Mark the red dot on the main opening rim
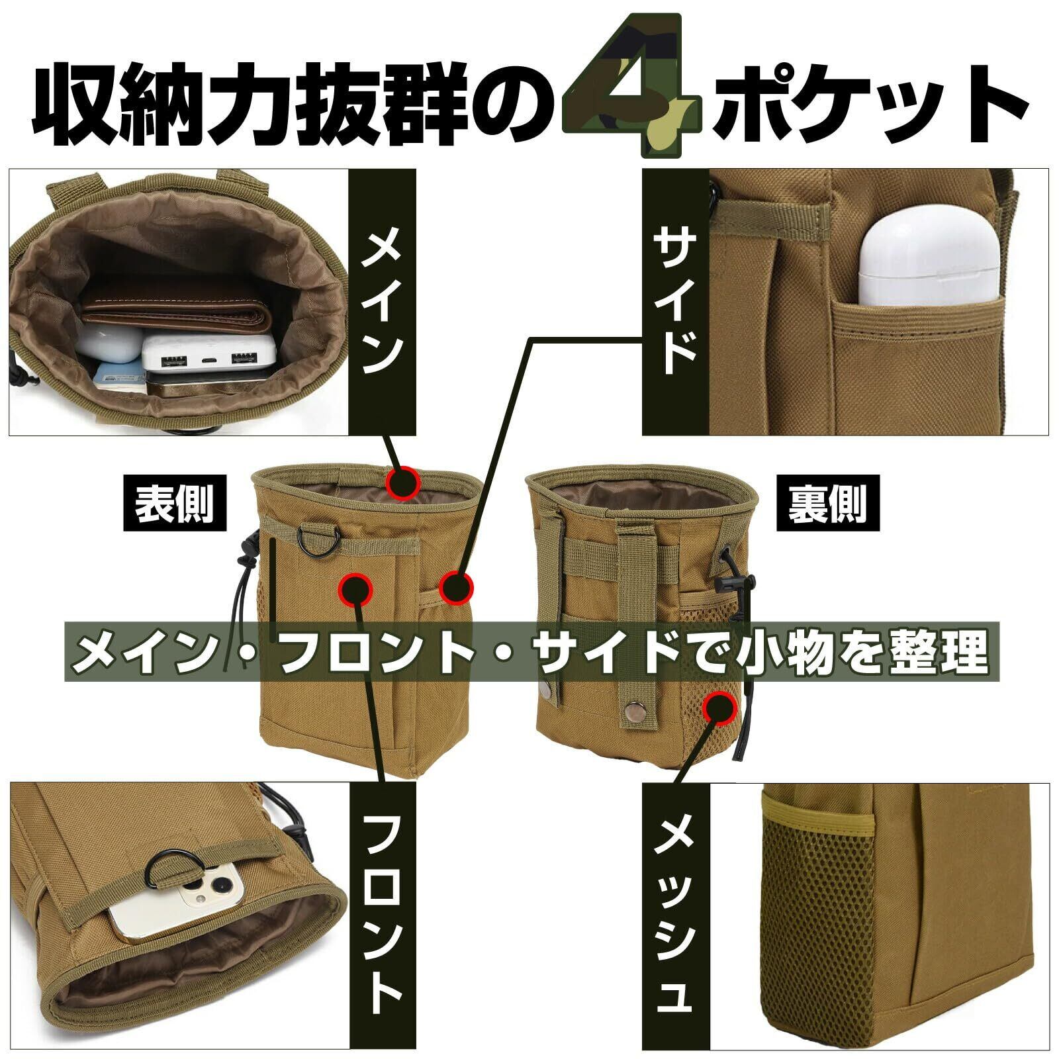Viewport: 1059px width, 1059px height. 402,483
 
